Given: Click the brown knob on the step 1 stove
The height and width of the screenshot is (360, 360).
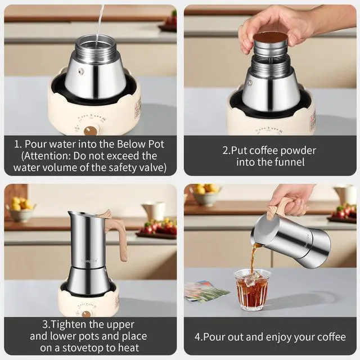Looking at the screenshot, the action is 91,131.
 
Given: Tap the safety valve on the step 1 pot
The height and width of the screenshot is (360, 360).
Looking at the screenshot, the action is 80,71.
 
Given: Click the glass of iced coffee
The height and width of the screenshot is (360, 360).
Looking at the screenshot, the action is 252,290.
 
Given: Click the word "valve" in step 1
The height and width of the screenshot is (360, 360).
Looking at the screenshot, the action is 153,168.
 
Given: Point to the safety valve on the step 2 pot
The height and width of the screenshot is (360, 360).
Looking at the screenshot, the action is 249,83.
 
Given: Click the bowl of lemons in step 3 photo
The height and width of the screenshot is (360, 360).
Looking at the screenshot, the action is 21,209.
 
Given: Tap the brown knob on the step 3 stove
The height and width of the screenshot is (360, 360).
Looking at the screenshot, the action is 86,314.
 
